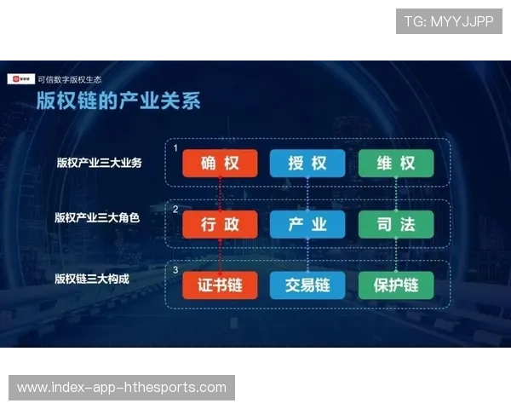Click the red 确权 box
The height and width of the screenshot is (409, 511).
tap(220, 164)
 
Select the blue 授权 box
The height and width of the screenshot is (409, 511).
tap(307, 164)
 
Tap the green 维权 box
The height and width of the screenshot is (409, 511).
tap(395, 164)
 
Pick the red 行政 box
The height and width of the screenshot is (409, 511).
tap(220, 225)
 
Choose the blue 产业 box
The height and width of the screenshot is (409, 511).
tap(307, 225)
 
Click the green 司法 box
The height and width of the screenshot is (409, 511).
tap(395, 225)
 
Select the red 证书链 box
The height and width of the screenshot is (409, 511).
tap(220, 285)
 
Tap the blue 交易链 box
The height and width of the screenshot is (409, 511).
tap(307, 285)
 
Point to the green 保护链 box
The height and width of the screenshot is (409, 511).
tap(395, 285)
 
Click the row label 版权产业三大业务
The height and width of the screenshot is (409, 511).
tap(99, 163)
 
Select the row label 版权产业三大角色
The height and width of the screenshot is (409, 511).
tap(96, 218)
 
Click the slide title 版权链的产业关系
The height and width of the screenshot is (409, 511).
tap(118, 101)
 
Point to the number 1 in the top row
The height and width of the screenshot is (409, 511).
tap(176, 149)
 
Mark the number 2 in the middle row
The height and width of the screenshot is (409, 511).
tap(176, 209)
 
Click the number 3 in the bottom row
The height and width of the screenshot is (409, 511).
tap(176, 269)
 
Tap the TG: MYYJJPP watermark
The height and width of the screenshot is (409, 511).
tap(449, 21)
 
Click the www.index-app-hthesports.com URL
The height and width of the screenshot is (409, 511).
tap(122, 388)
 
